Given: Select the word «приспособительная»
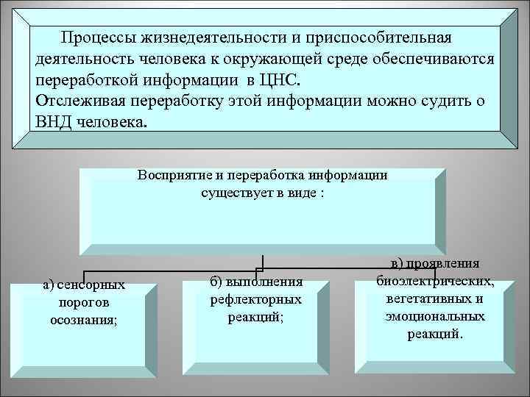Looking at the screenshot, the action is coord(378,37).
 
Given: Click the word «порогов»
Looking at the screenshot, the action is coord(84,302).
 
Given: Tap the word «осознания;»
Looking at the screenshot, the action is coord(84,319).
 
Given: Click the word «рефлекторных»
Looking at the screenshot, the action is coord(256,299).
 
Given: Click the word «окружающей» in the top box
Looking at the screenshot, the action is coord(305,58).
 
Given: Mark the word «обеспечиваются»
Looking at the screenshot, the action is coord(439,58).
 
